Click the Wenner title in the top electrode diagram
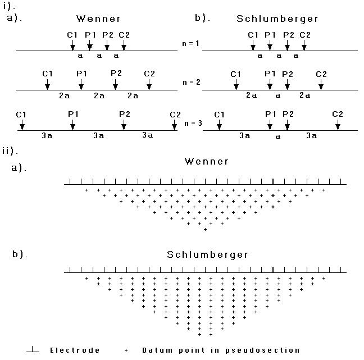98,19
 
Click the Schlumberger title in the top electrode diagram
277,19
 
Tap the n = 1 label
190,43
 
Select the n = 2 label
192,83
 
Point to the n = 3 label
193,123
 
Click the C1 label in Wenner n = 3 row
21,115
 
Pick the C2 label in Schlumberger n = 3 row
338,114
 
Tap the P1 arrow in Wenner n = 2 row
81,84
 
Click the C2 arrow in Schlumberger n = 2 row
321,84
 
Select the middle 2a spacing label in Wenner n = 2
99,95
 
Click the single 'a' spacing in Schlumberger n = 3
278,136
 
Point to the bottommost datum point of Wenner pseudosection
205,230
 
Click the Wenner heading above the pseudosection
207,161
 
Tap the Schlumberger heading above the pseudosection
207,255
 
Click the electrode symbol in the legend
33,349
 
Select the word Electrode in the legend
75,350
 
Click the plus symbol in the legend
126,350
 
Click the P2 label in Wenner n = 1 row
108,35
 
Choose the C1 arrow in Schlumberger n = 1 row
253,45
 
